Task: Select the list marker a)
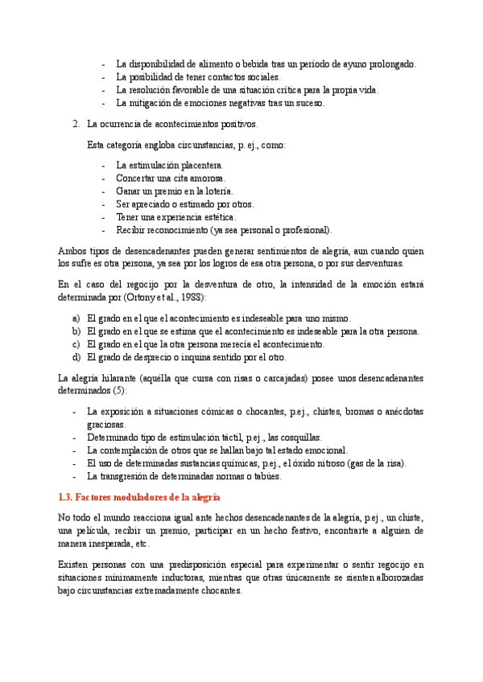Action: click(x=76, y=318)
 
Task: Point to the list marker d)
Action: click(x=76, y=357)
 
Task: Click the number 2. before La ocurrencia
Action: click(x=76, y=125)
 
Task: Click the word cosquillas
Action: click(x=300, y=438)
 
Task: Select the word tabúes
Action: click(x=264, y=476)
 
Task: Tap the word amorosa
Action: click(x=207, y=178)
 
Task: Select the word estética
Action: click(x=217, y=217)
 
